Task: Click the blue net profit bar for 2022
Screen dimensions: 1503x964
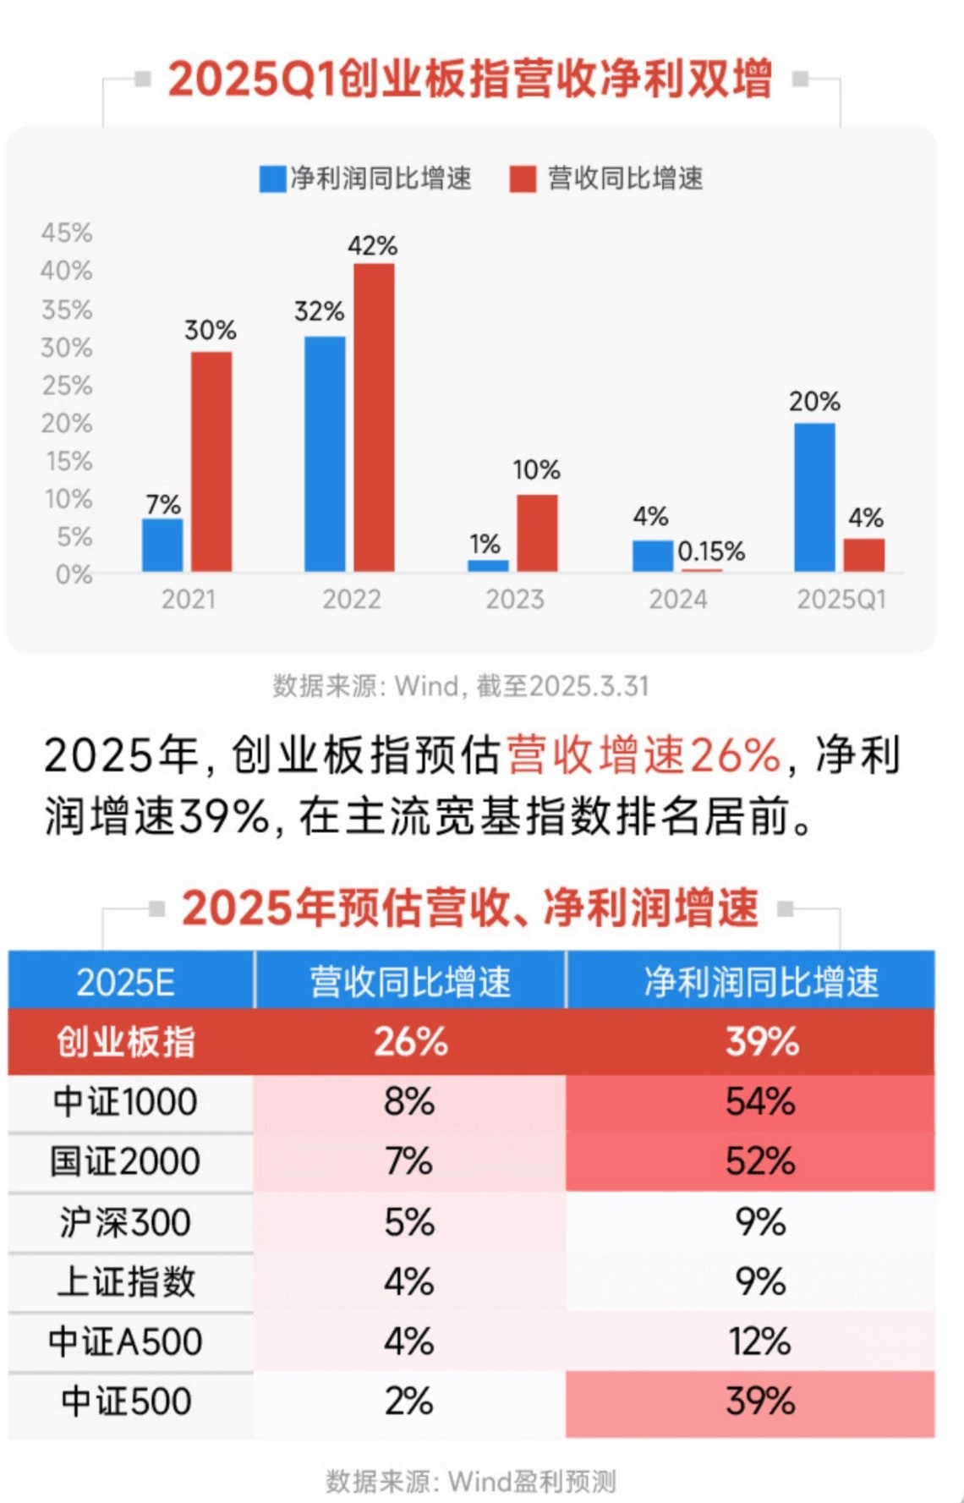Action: [x=325, y=453]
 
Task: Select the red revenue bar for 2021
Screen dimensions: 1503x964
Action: [x=211, y=461]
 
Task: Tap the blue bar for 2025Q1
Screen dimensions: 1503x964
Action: [x=814, y=496]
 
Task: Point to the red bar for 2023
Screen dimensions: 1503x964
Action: [x=537, y=533]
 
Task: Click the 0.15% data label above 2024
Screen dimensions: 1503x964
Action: [x=711, y=551]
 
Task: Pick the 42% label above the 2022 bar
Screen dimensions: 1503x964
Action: [x=372, y=246]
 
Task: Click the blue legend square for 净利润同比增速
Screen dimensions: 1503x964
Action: [x=272, y=179]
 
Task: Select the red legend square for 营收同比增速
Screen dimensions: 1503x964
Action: [x=523, y=179]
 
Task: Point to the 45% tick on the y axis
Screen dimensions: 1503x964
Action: [x=67, y=233]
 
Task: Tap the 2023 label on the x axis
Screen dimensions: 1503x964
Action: [x=514, y=600]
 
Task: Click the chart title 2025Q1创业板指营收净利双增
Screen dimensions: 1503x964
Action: [x=470, y=80]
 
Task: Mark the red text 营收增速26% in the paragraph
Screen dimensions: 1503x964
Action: [x=644, y=754]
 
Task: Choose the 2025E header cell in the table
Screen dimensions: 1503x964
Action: [x=126, y=982]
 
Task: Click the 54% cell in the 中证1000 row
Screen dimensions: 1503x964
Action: [x=760, y=1102]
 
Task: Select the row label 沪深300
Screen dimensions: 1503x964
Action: [x=126, y=1222]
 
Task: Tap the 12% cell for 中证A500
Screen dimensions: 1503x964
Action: [x=760, y=1341]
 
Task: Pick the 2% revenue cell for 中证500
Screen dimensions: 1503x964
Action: [x=409, y=1402]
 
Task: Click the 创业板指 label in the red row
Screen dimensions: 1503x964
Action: [x=126, y=1042]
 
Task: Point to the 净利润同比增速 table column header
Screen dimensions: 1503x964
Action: [x=760, y=982]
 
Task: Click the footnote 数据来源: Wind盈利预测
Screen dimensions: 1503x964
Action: [x=471, y=1481]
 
